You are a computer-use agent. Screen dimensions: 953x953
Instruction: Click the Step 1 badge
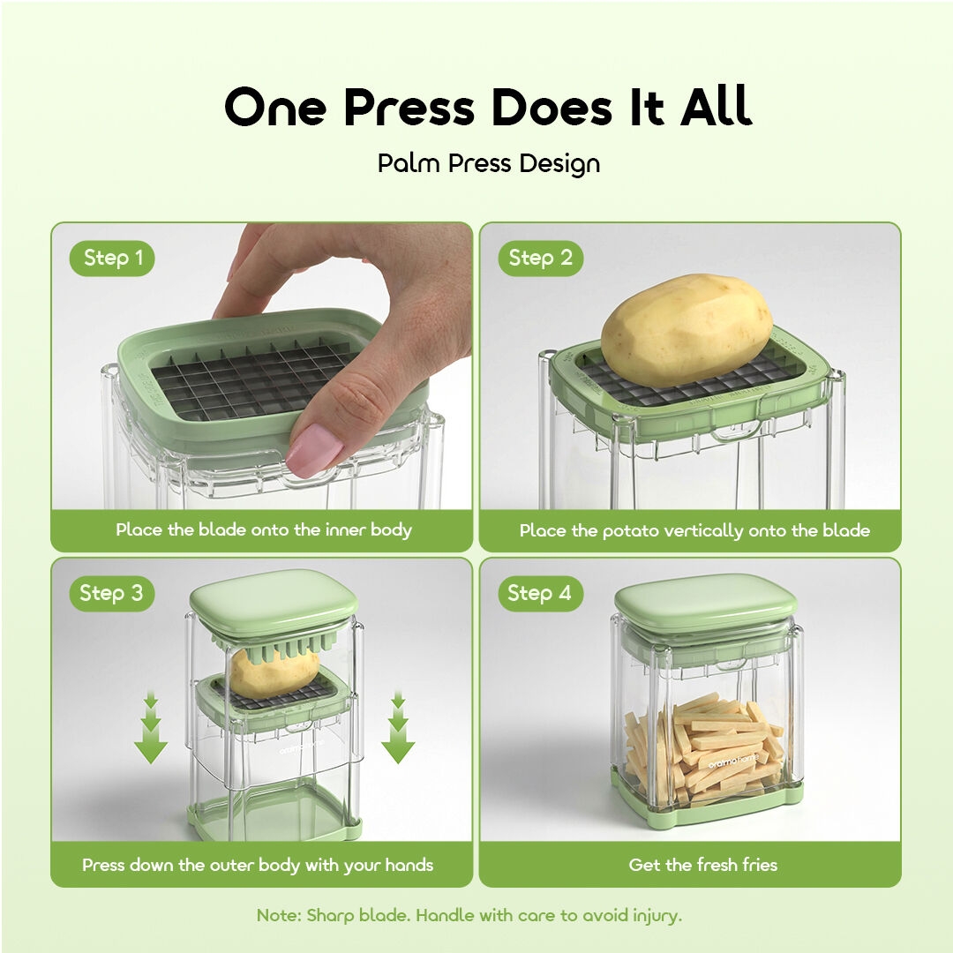point(112,259)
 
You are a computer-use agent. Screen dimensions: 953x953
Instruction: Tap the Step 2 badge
point(540,259)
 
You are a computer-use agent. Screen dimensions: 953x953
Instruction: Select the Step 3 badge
point(111,593)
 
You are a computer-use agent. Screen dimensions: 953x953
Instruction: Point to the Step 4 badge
point(540,593)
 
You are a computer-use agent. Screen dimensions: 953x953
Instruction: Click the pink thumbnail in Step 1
point(314,450)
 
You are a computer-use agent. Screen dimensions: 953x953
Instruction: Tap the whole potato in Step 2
point(687,329)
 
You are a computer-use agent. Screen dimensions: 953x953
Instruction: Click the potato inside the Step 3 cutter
point(274,673)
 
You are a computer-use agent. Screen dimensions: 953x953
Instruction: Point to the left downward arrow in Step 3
point(151,727)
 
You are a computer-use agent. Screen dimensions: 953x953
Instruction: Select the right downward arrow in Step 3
point(398,727)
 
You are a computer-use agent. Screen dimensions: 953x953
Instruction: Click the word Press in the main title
point(409,107)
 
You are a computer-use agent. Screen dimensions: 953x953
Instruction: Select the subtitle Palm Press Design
point(489,164)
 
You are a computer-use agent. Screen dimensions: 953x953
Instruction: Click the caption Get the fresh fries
point(703,865)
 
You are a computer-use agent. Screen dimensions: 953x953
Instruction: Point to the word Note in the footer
point(278,915)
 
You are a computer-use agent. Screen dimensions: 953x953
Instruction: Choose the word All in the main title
point(717,107)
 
